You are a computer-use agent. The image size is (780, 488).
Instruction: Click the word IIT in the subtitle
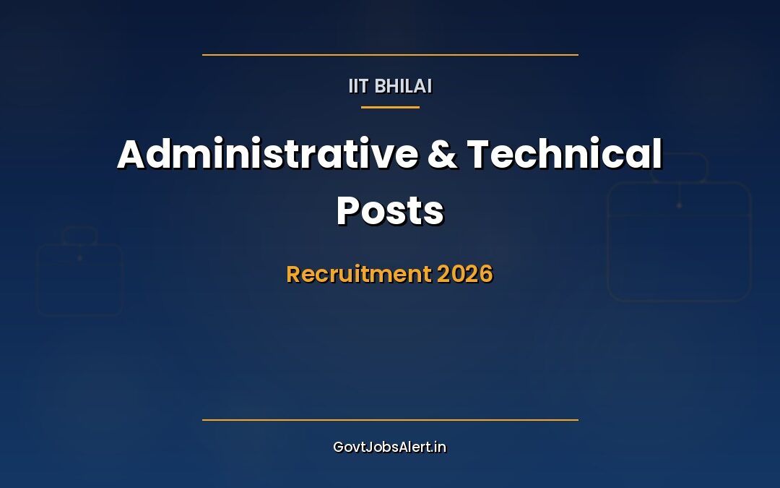point(358,86)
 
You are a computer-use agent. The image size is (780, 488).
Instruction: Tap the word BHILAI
point(403,86)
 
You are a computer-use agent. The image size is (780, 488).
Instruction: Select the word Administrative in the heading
point(268,154)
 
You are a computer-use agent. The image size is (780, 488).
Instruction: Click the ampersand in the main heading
point(442,155)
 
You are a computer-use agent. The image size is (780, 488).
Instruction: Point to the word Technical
point(565,154)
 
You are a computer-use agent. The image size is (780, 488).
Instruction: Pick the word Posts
point(390,210)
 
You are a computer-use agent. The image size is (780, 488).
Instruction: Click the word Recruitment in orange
point(359,274)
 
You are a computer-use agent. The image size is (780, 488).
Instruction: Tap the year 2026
point(465,274)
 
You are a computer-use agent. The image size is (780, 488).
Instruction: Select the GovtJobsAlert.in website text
point(390,448)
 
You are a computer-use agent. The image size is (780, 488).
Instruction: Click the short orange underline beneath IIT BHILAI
point(390,107)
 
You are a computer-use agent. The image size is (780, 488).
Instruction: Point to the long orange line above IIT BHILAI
point(390,55)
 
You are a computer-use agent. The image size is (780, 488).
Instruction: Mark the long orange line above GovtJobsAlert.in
point(390,420)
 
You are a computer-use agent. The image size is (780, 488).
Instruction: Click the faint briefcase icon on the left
point(79,271)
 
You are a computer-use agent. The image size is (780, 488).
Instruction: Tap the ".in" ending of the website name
point(439,448)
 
